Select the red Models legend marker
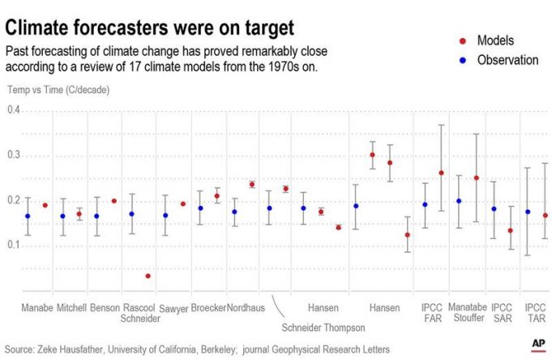(462, 41)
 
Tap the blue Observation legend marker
(462, 60)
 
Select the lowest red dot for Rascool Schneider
(148, 276)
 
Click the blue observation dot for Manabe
(28, 216)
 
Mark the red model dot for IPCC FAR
(442, 173)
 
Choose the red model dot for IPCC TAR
(546, 216)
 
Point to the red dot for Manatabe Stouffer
(477, 178)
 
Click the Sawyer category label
(173, 309)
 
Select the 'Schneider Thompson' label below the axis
(323, 328)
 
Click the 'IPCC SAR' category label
(502, 314)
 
